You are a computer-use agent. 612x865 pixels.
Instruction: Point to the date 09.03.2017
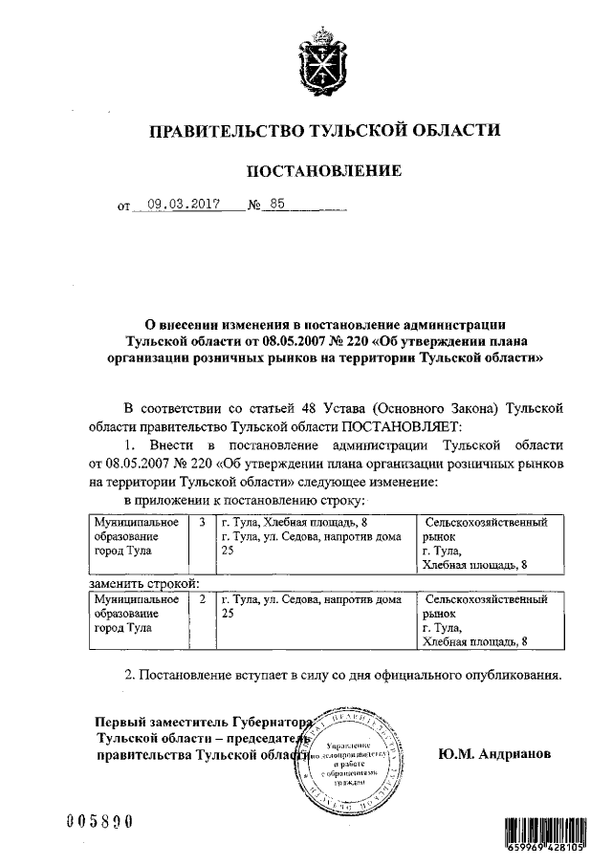[x=185, y=204]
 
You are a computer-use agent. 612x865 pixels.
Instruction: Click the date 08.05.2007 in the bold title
[x=278, y=341]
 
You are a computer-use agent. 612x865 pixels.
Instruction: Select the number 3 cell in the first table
[x=202, y=523]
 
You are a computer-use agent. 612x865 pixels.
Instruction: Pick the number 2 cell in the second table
[x=202, y=599]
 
